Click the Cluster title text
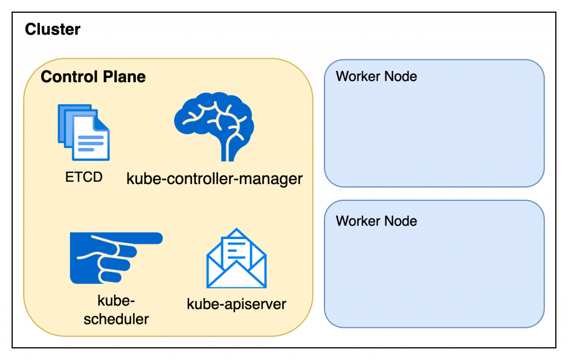pyautogui.click(x=53, y=29)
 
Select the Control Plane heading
pyautogui.click(x=93, y=77)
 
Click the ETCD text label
pyautogui.click(x=84, y=178)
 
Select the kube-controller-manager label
pyautogui.click(x=215, y=179)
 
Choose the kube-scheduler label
pyautogui.click(x=116, y=310)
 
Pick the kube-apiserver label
pyautogui.click(x=236, y=304)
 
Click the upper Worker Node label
pyautogui.click(x=376, y=76)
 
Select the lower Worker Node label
pyautogui.click(x=376, y=221)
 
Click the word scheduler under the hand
pyautogui.click(x=116, y=319)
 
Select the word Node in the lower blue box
pyautogui.click(x=402, y=221)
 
